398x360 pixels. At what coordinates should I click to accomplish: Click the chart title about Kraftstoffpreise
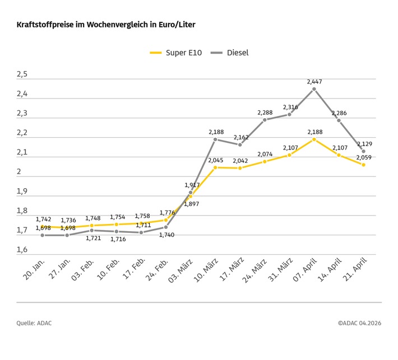pos(106,25)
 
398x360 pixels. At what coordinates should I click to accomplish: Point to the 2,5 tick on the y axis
pos(22,74)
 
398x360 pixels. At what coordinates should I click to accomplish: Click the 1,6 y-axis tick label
pos(22,250)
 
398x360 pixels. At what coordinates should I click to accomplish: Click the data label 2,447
pos(314,82)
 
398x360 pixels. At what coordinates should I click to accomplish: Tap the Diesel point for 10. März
pos(215,139)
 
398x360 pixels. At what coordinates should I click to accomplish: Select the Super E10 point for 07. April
pos(314,139)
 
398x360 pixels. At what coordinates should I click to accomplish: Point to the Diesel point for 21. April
pos(363,151)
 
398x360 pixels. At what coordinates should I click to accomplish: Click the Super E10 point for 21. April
pos(363,165)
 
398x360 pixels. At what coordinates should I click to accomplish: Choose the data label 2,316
pos(290,107)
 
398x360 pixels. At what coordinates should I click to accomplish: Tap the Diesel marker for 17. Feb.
pos(141,232)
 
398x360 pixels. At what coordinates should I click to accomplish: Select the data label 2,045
pos(216,160)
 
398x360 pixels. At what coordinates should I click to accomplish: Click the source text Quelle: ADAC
pos(34,323)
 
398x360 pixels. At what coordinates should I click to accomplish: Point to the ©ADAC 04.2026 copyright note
pos(359,323)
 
